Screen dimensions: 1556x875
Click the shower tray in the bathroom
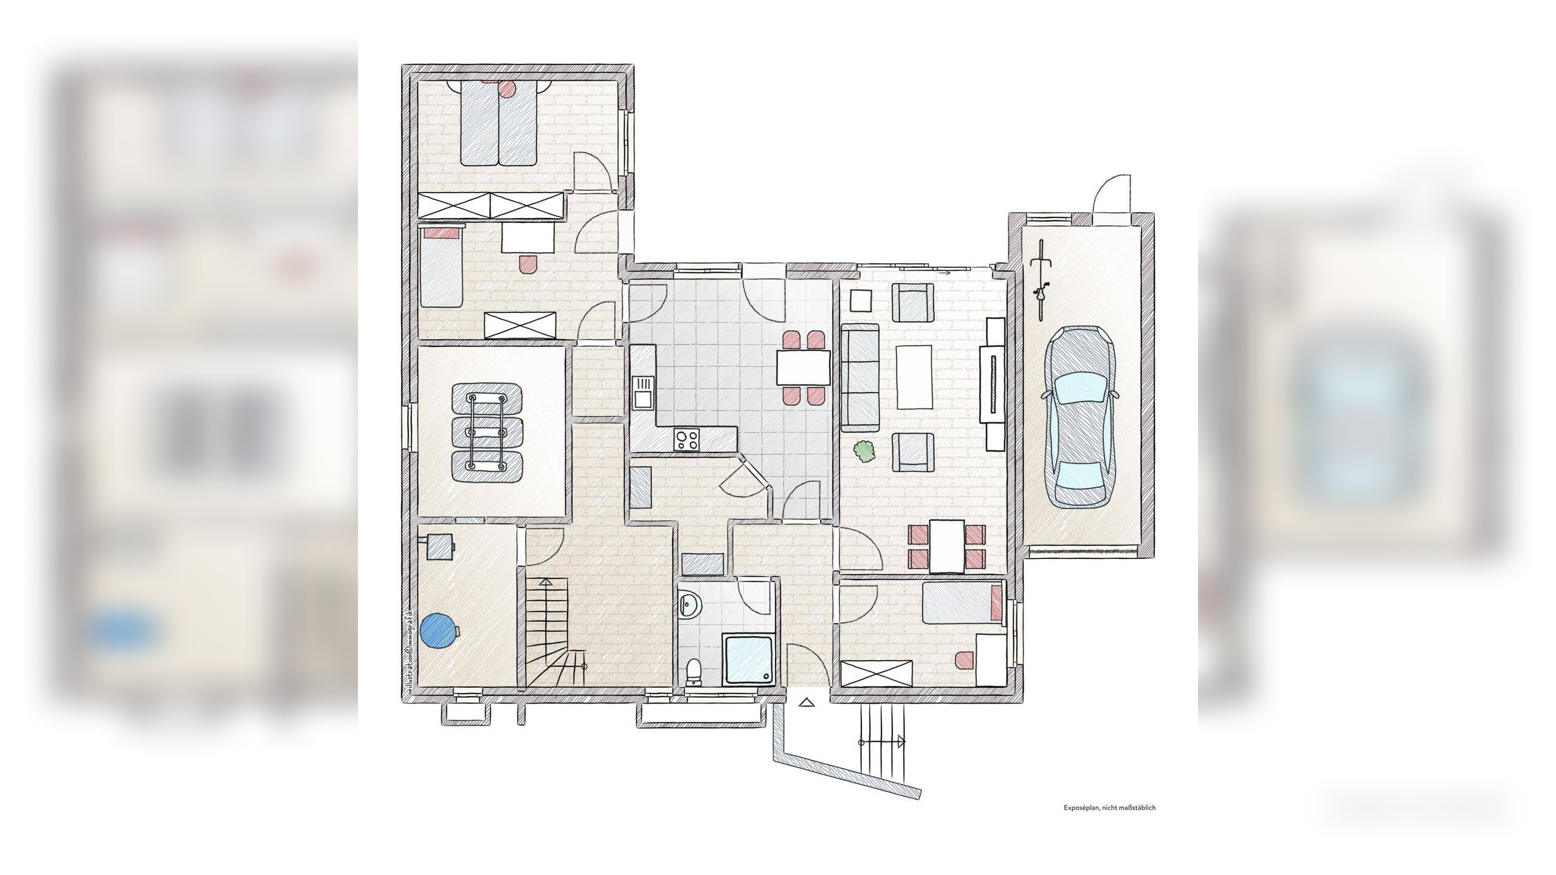click(x=750, y=659)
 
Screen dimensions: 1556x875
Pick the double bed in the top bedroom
click(x=498, y=123)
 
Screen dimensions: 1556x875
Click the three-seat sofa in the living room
click(x=860, y=378)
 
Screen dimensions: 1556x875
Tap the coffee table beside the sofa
click(x=914, y=377)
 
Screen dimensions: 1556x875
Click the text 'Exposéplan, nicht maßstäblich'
click(x=1109, y=808)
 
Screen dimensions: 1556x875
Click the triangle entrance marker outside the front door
click(x=806, y=702)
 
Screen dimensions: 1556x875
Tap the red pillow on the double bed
click(x=507, y=88)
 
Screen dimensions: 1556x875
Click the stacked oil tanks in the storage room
click(x=487, y=432)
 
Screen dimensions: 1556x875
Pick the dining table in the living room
click(x=946, y=546)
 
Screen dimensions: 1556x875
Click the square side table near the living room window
click(x=861, y=300)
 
